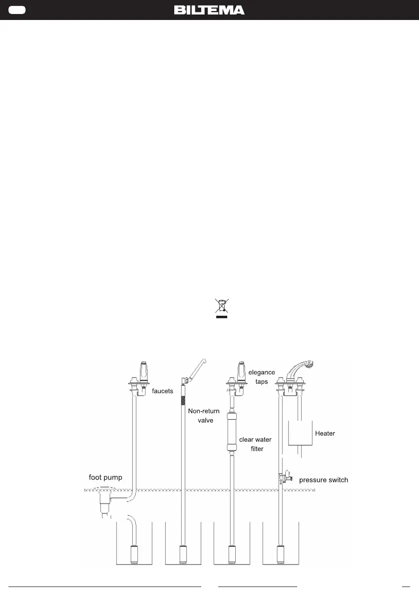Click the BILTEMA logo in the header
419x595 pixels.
click(x=209, y=10)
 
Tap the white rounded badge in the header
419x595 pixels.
click(x=17, y=10)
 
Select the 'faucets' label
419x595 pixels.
click(x=163, y=391)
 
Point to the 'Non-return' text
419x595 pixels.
click(x=204, y=411)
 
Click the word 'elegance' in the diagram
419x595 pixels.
click(x=262, y=373)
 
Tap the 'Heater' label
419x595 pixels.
click(x=325, y=433)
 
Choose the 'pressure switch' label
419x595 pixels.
click(x=324, y=480)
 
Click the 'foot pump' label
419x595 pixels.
click(x=105, y=478)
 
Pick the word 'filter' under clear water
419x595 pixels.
click(x=257, y=449)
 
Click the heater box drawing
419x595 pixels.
click(x=300, y=433)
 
